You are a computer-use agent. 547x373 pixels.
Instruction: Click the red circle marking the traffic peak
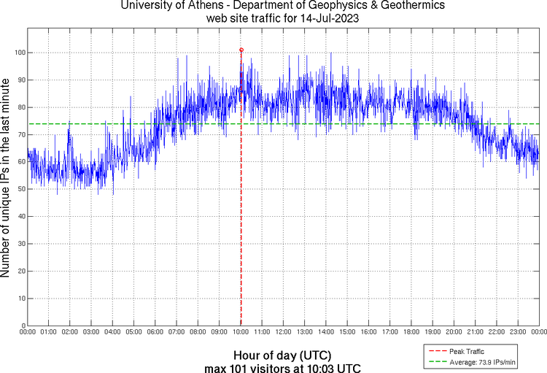point(241,50)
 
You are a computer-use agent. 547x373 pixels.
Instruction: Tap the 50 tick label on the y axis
point(20,189)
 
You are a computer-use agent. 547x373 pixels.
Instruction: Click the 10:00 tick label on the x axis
point(241,331)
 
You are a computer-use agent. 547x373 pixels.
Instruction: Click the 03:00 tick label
point(91,331)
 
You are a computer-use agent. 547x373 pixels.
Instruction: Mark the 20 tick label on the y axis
point(20,271)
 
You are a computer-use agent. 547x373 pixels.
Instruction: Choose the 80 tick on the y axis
point(20,107)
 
